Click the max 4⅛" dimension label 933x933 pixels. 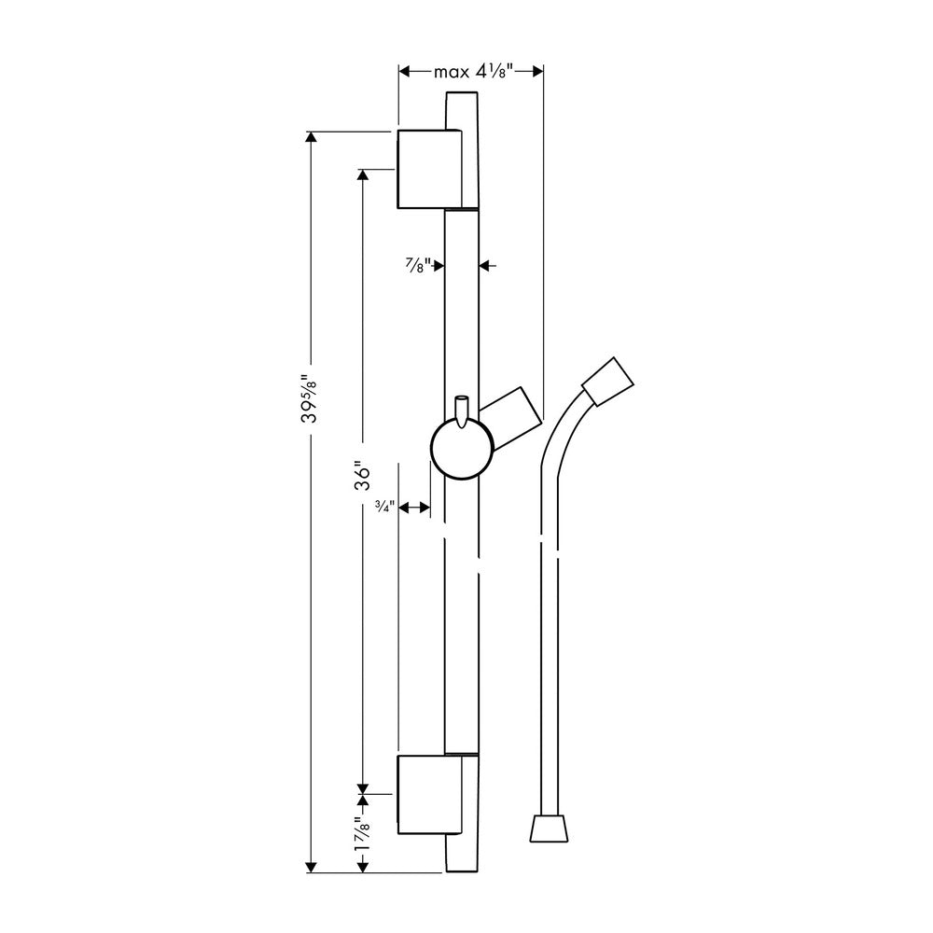(473, 72)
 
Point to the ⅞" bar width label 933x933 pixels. (418, 265)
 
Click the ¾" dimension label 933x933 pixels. (384, 507)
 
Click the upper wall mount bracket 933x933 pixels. (429, 169)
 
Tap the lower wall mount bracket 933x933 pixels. (429, 794)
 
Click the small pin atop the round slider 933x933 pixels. (462, 411)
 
